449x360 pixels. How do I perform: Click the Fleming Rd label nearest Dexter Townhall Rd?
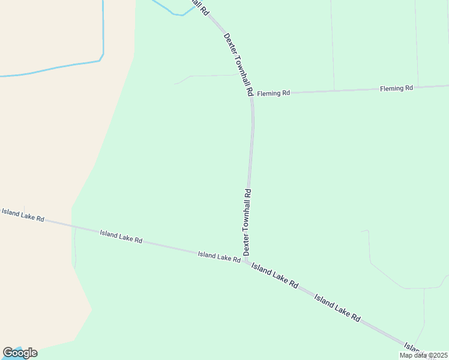coord(273,93)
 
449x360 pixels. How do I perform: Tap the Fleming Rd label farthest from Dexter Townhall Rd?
coord(396,88)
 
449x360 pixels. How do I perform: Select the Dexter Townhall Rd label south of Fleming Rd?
coord(247,222)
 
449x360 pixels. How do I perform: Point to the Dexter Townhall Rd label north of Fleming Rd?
coord(238,65)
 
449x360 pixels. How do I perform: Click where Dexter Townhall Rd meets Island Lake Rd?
coord(246,262)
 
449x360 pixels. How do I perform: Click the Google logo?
coord(20,353)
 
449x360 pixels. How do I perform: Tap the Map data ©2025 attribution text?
coord(423,355)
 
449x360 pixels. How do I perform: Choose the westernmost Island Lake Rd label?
coord(23,215)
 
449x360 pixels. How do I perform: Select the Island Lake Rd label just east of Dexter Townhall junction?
coord(274,275)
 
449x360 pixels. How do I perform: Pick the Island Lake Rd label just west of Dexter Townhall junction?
coord(219,256)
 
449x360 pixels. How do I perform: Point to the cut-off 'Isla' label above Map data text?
coord(413,348)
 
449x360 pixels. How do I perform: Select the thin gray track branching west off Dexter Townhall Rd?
coord(207,76)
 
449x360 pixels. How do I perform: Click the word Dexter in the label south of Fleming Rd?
coord(246,242)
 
